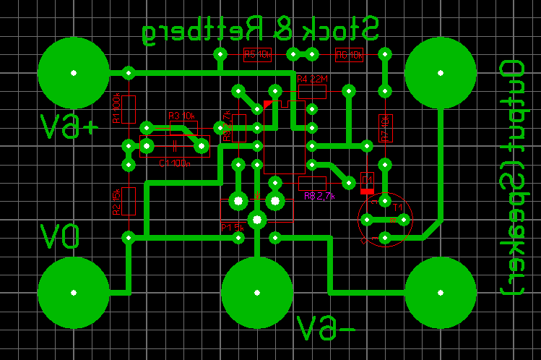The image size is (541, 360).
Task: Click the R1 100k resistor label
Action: pos(116,109)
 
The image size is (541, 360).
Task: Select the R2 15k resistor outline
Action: pos(129,201)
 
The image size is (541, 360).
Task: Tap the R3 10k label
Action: pos(182,116)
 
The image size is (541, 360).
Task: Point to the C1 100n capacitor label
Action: pos(174,163)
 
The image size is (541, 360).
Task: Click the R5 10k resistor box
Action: pos(257,54)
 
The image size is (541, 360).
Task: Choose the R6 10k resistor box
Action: pos(350,54)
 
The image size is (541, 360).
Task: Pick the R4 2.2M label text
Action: pos(312,79)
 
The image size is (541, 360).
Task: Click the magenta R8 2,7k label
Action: pos(319,196)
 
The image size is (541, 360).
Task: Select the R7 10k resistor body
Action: pos(384,127)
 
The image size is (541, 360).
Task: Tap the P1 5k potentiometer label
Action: pos(233,227)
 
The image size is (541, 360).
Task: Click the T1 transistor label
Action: pos(397,205)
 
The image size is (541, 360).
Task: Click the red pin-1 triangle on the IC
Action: pos(268,105)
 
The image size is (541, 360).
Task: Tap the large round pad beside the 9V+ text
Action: pos(74,72)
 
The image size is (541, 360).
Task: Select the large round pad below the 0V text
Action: pos(74,292)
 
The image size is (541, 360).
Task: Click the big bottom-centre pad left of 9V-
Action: pos(257,292)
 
